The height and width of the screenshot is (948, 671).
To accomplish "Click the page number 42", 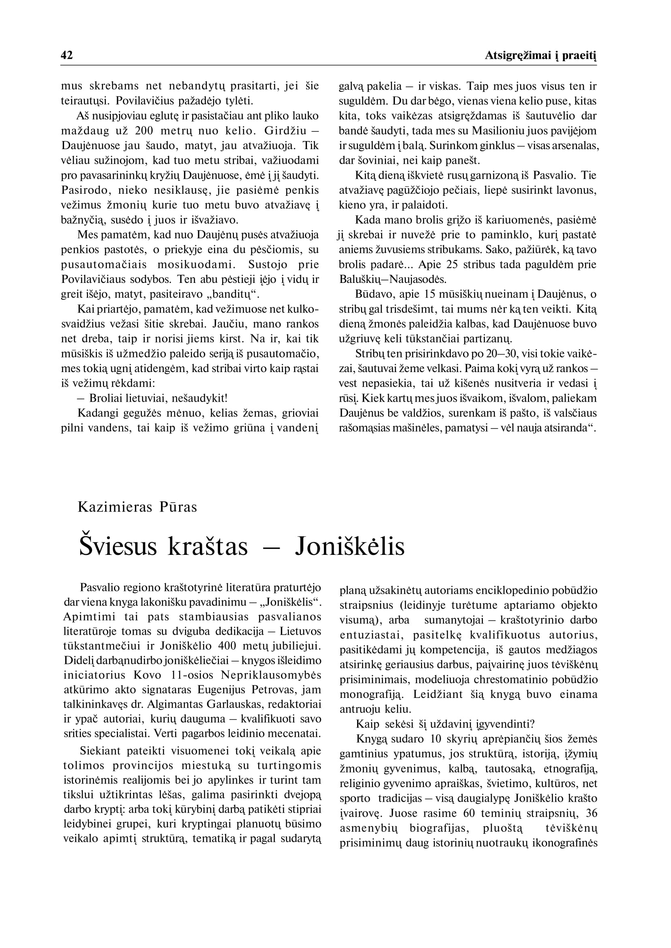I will pyautogui.click(x=66, y=56).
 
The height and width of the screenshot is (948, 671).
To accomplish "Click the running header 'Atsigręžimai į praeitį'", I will pyautogui.click(x=540, y=56).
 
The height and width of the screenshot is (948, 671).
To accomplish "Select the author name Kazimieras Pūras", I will pyautogui.click(x=137, y=507).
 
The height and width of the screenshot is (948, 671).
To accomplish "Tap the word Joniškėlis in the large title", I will pyautogui.click(x=349, y=546).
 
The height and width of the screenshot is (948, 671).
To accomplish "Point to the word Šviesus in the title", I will pyautogui.click(x=118, y=546).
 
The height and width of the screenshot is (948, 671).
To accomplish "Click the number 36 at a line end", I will pyautogui.click(x=591, y=813).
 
